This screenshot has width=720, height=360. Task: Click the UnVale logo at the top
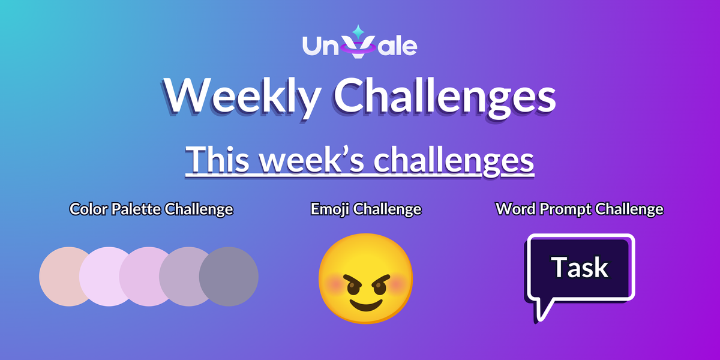(x=359, y=45)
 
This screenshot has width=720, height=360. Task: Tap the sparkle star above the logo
(x=358, y=30)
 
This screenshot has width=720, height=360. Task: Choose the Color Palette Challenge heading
(x=151, y=209)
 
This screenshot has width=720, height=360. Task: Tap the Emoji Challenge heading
(x=365, y=209)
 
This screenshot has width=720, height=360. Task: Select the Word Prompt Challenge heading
(x=579, y=209)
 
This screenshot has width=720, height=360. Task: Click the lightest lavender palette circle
(x=105, y=276)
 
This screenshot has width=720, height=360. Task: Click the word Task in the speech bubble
(x=580, y=268)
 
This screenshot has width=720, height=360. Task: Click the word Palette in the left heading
(x=134, y=209)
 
